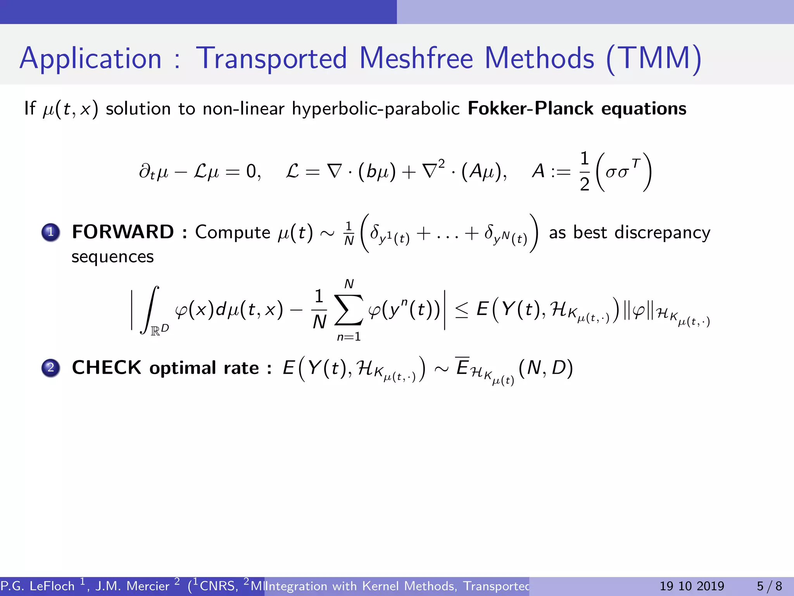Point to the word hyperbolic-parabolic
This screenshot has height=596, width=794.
click(x=376, y=109)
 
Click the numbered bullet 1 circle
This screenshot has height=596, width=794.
click(x=51, y=232)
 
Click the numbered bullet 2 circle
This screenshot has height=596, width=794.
click(x=51, y=368)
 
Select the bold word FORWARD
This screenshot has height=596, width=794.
click(x=123, y=232)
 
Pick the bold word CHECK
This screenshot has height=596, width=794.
click(x=107, y=367)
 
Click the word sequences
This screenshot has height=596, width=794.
click(x=112, y=257)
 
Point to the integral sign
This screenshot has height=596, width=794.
click(x=150, y=310)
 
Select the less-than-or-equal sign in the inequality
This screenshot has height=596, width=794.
click(x=461, y=310)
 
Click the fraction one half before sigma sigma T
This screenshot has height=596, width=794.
click(x=585, y=171)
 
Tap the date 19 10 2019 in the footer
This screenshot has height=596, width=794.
click(x=692, y=586)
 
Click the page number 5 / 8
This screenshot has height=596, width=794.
click(x=769, y=586)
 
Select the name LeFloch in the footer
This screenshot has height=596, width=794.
click(x=52, y=586)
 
